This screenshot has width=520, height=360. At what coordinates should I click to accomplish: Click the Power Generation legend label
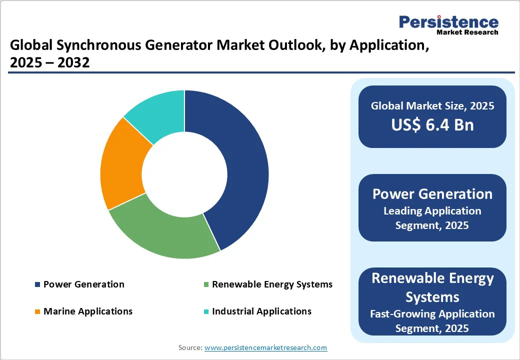[x=83, y=284]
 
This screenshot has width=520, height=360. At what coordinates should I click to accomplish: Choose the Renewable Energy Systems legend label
[x=272, y=284]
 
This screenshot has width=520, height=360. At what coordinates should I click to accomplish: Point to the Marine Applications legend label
[x=88, y=311]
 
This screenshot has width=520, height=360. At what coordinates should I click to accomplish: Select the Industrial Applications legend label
[x=261, y=311]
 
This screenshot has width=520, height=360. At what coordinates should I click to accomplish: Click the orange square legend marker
[x=37, y=312]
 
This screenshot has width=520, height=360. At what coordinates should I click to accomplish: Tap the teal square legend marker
[x=205, y=312]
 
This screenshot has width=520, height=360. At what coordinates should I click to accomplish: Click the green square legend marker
[x=205, y=285]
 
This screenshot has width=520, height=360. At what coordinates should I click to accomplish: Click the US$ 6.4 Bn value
[x=432, y=125]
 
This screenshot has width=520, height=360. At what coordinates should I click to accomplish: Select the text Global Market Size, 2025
[x=432, y=105]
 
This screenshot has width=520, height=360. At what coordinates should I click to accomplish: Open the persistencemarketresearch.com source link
[x=265, y=347]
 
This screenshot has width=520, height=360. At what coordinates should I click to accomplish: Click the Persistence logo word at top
[x=448, y=22]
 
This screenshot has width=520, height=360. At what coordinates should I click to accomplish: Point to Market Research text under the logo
[x=467, y=32]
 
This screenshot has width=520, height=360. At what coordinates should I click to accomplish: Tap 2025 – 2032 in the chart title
[x=49, y=63]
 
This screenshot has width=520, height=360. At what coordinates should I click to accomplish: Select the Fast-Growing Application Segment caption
[x=432, y=321]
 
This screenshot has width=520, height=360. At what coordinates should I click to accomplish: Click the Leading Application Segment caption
[x=432, y=218]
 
